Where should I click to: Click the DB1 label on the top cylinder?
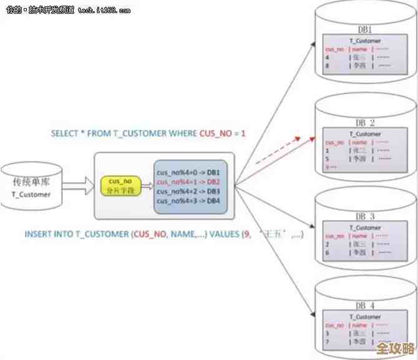point(365,29)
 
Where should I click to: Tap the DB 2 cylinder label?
point(365,122)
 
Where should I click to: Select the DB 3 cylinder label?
point(365,216)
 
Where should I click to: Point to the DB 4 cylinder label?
point(365,306)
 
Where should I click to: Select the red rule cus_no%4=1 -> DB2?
point(188,182)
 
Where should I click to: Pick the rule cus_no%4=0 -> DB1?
point(188,172)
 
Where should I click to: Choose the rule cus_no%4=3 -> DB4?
point(188,201)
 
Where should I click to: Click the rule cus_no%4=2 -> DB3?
point(188,191)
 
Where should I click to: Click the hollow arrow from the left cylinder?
point(75,185)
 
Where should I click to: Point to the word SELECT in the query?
point(65,134)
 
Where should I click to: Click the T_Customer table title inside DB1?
point(365,41)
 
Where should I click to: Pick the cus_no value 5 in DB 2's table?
point(327,158)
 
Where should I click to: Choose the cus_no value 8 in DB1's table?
point(327,65)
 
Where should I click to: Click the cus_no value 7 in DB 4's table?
point(327,341)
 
